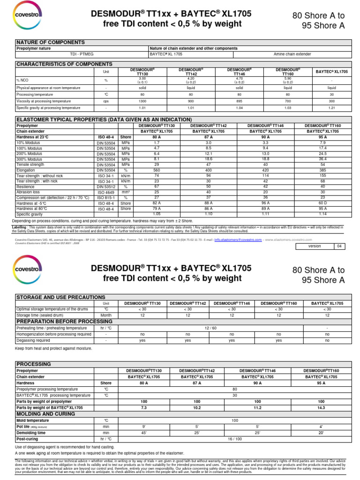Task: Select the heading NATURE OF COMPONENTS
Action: tap(51, 42)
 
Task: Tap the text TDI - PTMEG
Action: tap(82, 54)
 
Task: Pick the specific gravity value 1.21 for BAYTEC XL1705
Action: tap(332, 107)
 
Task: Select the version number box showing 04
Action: tap(340, 246)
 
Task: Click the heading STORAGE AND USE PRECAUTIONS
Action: tap(61, 297)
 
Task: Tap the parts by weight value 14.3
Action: tap(321, 408)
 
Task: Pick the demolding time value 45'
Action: tap(143, 433)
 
